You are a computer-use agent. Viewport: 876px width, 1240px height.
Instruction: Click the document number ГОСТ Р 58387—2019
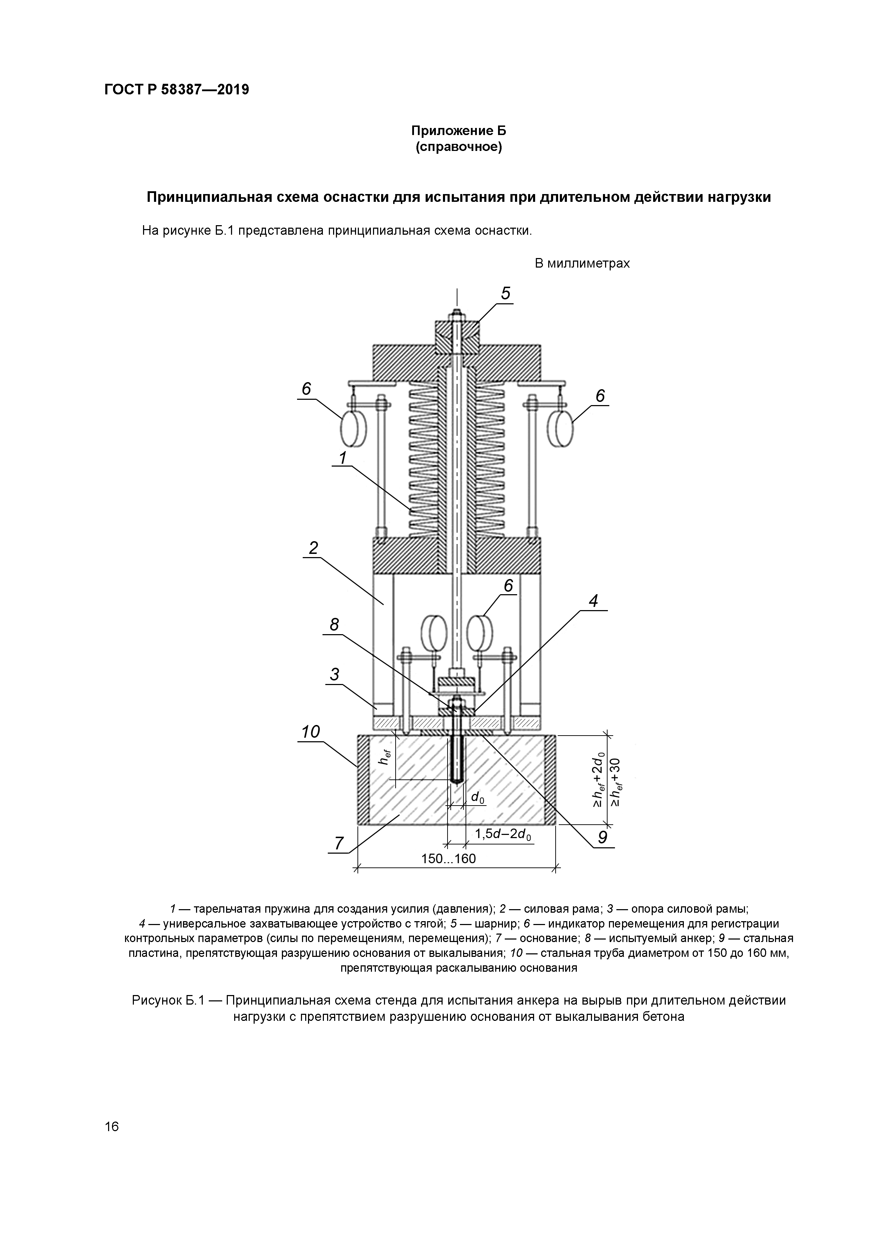point(177,90)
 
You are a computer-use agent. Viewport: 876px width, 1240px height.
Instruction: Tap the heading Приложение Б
point(459,131)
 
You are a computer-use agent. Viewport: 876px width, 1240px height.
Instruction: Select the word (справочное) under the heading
point(459,147)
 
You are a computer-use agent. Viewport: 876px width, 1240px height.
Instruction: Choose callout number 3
point(335,674)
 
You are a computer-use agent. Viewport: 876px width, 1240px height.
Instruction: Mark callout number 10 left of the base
point(310,732)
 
